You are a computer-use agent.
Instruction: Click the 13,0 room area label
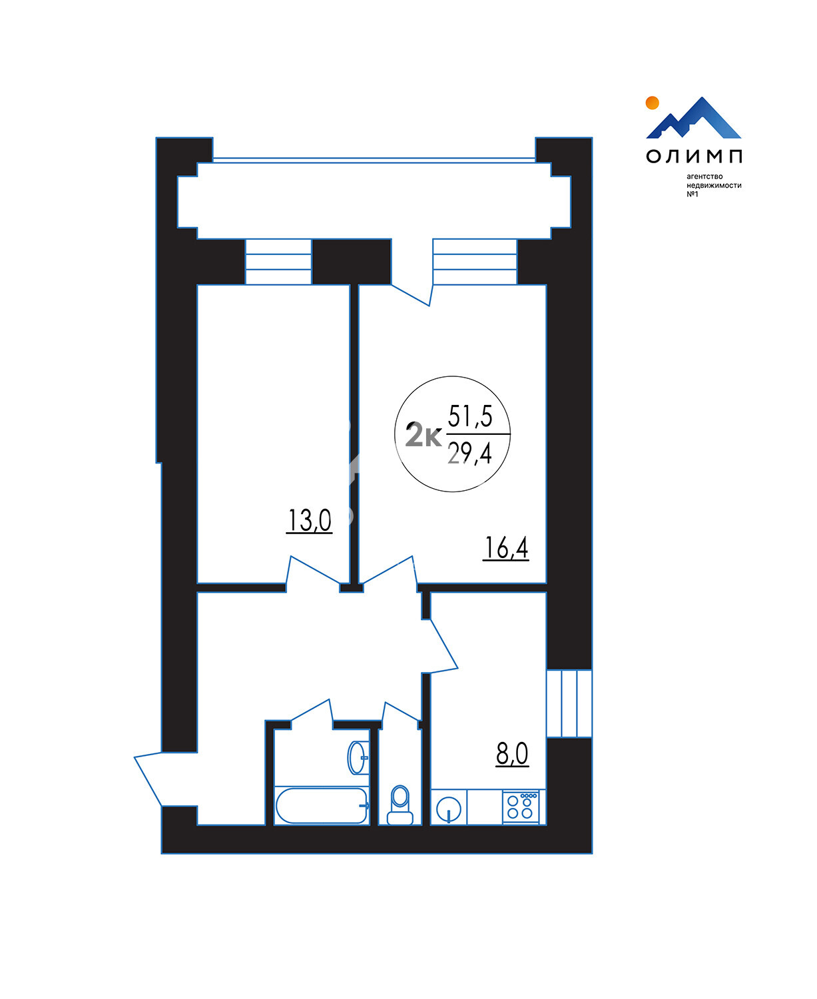click(309, 520)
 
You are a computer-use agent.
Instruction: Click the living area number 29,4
click(470, 454)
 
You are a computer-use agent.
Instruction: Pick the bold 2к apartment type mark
click(423, 437)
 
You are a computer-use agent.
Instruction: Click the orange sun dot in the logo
click(652, 103)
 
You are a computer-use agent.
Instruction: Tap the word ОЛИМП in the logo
click(694, 157)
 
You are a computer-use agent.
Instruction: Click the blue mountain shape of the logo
click(694, 118)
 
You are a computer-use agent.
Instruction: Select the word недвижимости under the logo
click(714, 185)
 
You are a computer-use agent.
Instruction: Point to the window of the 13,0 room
click(278, 262)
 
